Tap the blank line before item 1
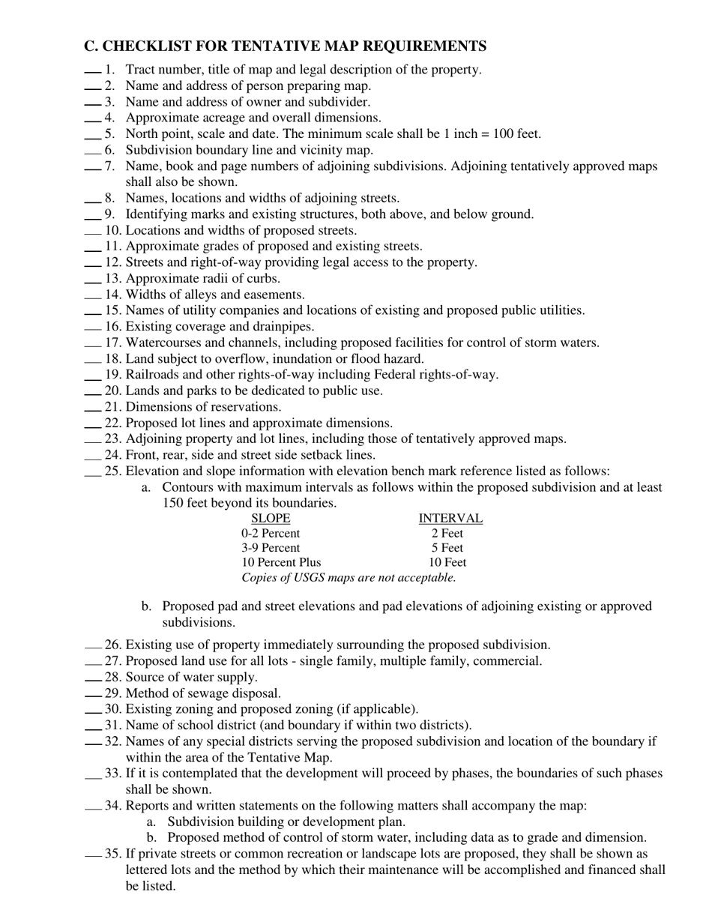[92, 73]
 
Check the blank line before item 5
[92, 137]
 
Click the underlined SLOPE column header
[271, 519]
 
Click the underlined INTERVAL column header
[450, 519]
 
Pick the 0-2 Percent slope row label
[271, 534]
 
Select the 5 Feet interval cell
[447, 548]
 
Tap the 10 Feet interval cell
[447, 562]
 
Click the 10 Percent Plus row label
[281, 562]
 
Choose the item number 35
[113, 854]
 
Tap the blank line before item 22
[92, 427]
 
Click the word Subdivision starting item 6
[160, 150]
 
